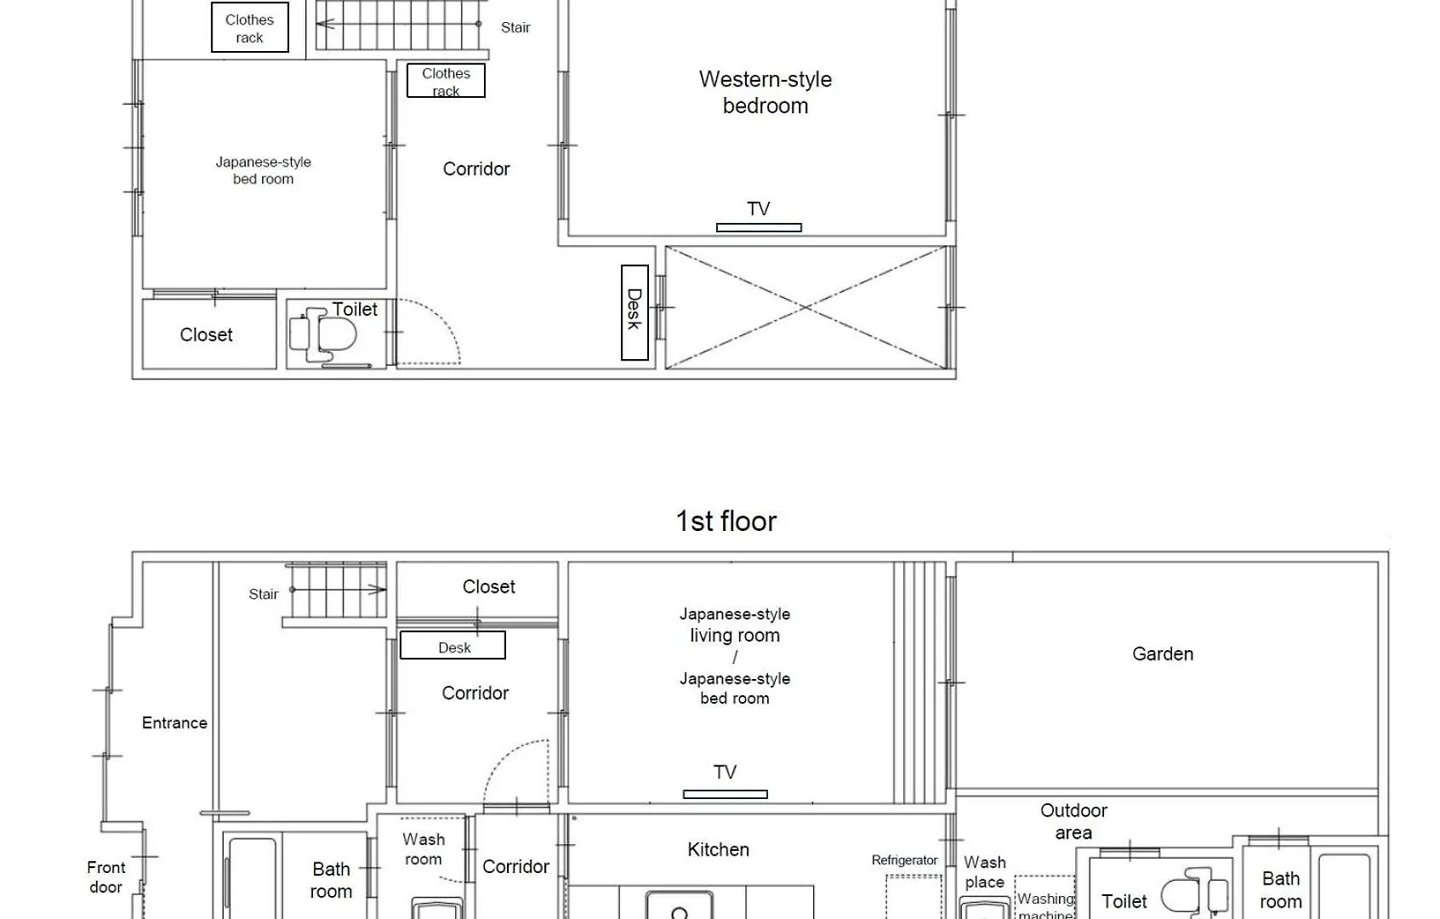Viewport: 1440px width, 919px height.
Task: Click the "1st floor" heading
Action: click(x=726, y=521)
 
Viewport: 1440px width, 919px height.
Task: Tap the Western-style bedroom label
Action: click(x=765, y=92)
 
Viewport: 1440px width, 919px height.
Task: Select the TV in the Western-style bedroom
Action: click(x=759, y=227)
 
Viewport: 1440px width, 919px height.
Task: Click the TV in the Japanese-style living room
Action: click(x=726, y=794)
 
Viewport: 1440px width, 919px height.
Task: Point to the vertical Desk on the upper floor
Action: click(x=635, y=312)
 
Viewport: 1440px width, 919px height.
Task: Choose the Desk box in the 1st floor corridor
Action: click(x=452, y=645)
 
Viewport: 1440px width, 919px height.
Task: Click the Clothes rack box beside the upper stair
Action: click(x=249, y=27)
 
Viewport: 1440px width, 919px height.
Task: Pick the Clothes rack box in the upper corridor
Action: click(x=446, y=80)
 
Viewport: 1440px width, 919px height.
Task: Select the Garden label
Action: click(x=1162, y=654)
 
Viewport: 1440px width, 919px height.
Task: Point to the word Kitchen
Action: click(x=718, y=849)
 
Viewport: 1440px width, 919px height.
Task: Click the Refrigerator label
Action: click(x=904, y=859)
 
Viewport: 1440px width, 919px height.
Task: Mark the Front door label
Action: click(x=106, y=877)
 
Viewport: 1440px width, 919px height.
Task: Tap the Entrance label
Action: click(x=174, y=722)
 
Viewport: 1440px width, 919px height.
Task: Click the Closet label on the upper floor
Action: click(x=206, y=334)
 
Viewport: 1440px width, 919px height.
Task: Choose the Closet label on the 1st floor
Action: click(x=488, y=586)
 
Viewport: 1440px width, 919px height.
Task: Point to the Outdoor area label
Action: click(x=1073, y=821)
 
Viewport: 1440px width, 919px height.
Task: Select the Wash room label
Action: click(x=423, y=849)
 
